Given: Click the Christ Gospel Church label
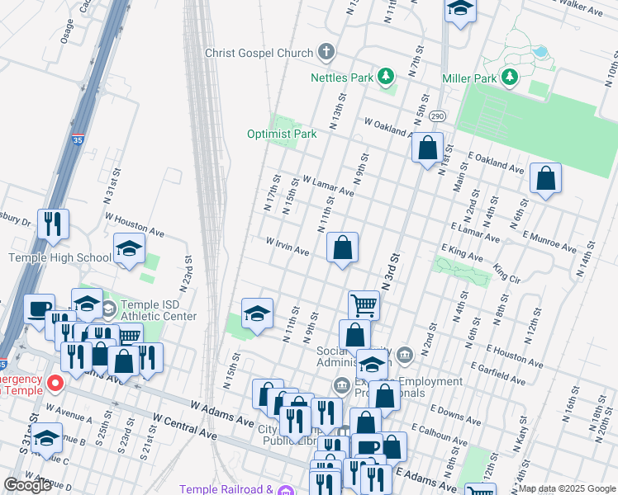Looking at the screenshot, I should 260,53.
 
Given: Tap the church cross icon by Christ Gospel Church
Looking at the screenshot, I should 326,53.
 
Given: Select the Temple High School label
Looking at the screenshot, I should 59,257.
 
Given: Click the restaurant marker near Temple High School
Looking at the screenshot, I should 53,224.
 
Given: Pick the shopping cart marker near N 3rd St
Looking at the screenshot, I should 364,306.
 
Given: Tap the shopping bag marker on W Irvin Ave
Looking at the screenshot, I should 342,247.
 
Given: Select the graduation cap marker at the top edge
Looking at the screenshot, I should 459,10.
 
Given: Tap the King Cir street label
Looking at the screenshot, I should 506,274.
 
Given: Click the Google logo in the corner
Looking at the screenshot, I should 27,485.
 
